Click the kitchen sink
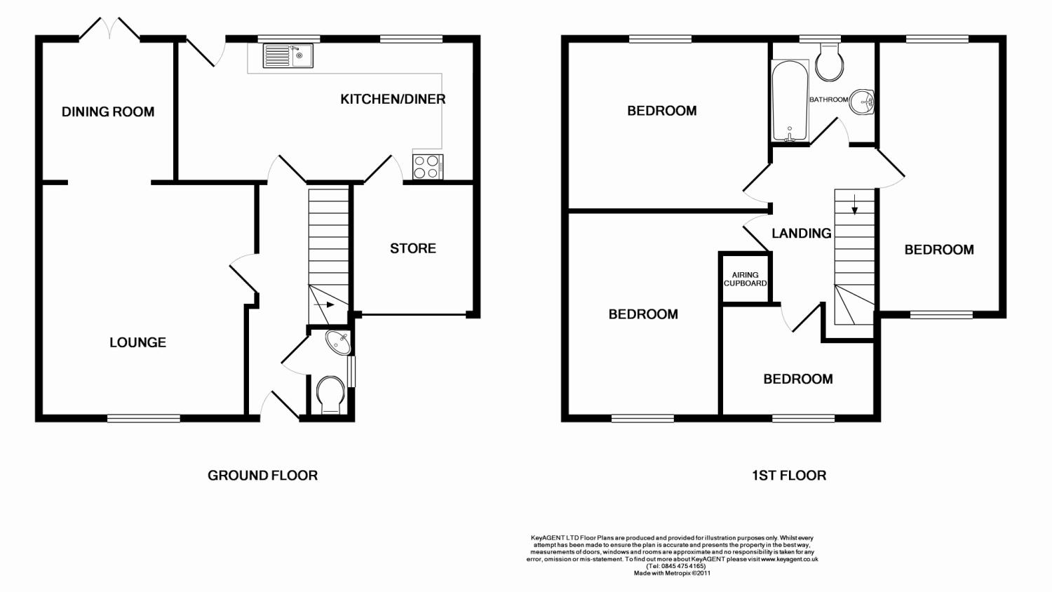(x=288, y=55)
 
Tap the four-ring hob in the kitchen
(x=427, y=167)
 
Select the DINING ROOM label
(x=108, y=112)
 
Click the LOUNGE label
(x=137, y=342)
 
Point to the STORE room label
(x=413, y=248)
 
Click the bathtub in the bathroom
(x=790, y=100)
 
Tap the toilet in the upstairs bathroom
(x=829, y=62)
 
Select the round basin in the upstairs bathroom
(x=861, y=101)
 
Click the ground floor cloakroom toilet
(x=330, y=395)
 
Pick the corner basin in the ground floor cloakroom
(x=339, y=342)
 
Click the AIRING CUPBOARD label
(x=745, y=278)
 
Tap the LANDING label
(x=801, y=233)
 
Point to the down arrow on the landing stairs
(x=854, y=204)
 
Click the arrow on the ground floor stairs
(x=323, y=304)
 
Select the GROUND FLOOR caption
(x=262, y=476)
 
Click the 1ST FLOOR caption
(x=789, y=476)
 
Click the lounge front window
(x=144, y=418)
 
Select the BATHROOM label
(x=828, y=100)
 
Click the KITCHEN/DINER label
(x=393, y=99)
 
